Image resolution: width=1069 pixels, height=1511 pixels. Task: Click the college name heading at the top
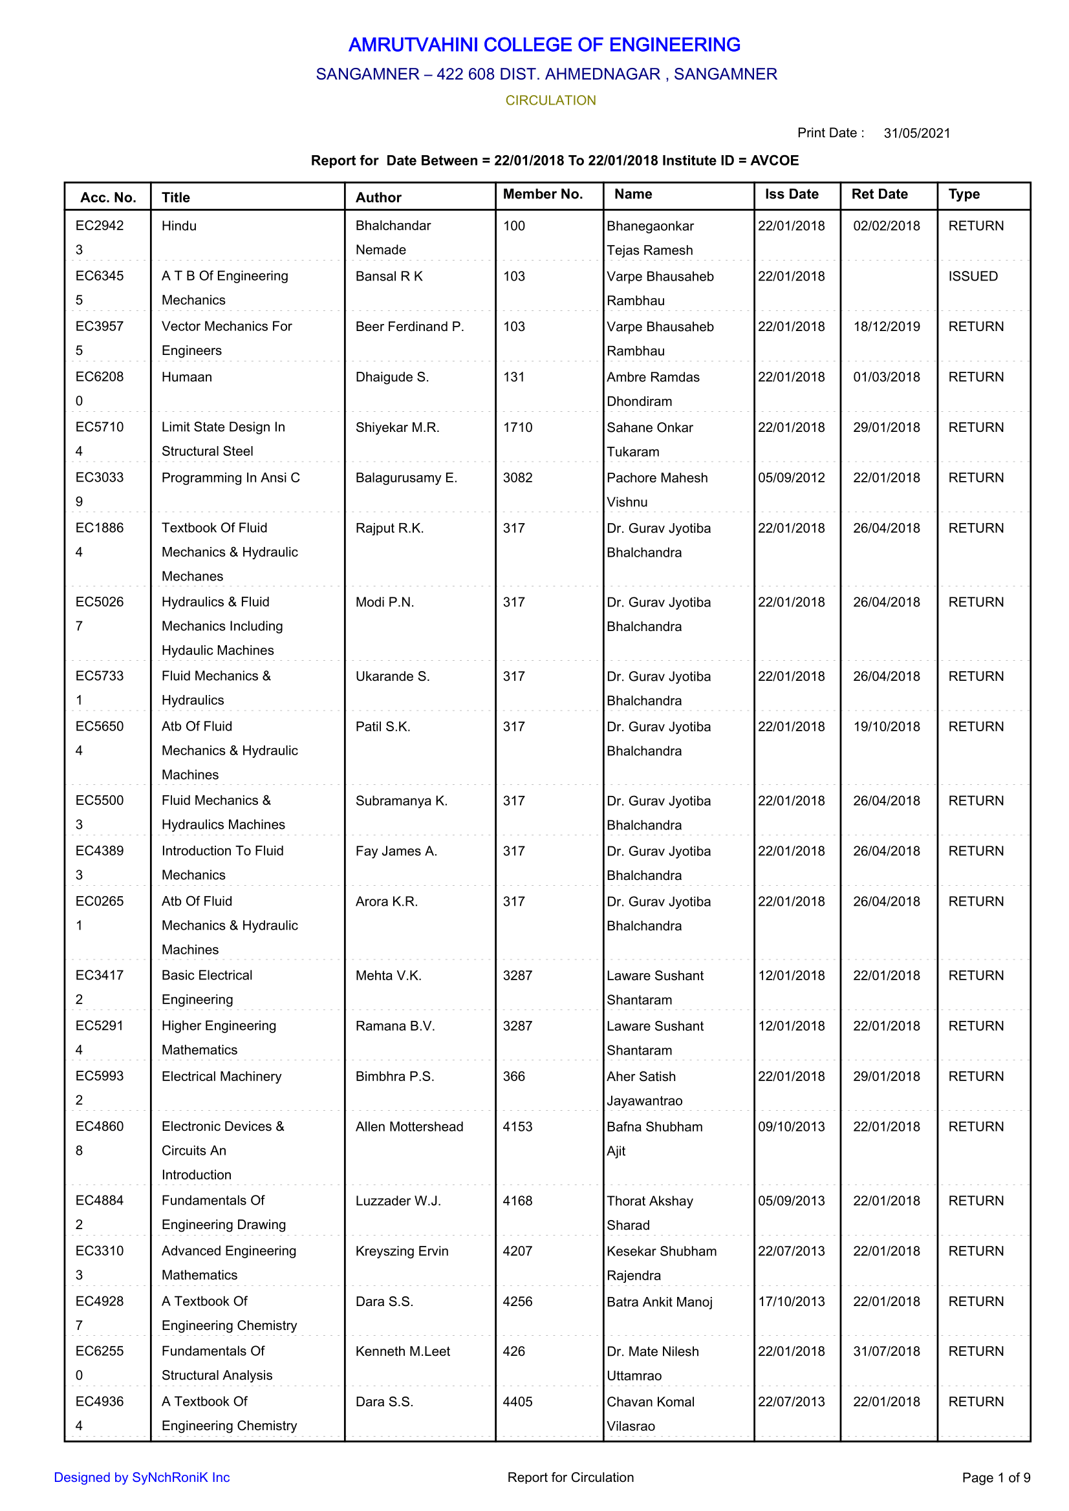544,45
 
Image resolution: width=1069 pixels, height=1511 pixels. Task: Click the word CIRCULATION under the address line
550,101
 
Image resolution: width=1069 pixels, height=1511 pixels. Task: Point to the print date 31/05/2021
916,134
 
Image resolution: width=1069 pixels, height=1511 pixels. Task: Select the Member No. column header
543,194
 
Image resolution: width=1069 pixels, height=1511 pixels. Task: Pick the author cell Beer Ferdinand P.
409,327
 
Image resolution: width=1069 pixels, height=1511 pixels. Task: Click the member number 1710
517,428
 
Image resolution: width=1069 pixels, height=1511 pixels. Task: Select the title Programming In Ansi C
230,478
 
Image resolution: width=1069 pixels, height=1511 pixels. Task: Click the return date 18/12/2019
886,327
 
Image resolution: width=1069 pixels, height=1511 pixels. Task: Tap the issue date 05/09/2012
790,478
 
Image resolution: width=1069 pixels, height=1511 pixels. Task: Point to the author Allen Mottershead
409,1127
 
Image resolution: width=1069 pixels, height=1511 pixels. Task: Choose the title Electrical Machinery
221,1076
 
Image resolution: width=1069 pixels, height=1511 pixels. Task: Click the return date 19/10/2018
886,727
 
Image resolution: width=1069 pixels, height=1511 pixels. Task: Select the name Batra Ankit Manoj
659,1302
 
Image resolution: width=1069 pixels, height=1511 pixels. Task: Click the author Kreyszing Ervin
402,1251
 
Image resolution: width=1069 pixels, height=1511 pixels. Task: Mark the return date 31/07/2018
886,1351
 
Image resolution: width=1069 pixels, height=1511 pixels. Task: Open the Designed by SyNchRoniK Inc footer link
142,1477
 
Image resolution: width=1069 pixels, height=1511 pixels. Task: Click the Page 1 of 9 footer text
995,1477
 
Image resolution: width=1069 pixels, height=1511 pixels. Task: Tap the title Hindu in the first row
179,226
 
